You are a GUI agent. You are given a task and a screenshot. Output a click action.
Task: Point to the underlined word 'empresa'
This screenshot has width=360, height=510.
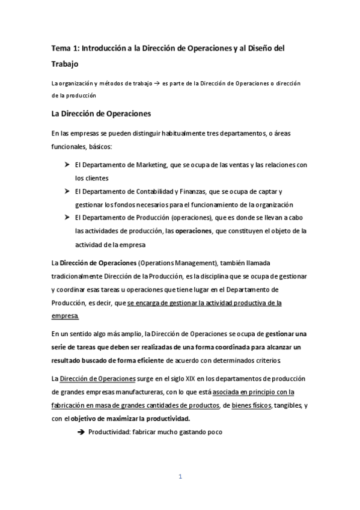tap(65, 315)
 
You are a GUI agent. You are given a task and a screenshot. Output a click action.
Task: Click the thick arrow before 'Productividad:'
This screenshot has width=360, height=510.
tap(82, 432)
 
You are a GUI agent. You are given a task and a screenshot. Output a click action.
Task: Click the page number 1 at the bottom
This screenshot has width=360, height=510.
tap(180, 477)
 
